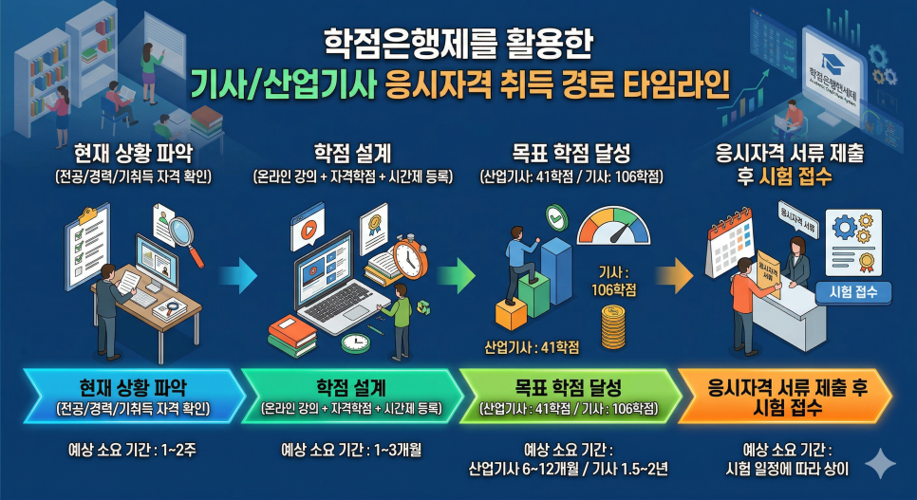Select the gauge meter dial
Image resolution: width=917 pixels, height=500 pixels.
coord(614,229)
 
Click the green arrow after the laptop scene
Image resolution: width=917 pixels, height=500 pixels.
coord(458,276)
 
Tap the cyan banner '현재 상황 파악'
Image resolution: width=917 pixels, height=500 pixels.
coord(132,397)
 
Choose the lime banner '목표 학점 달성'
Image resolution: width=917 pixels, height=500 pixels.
coord(568,397)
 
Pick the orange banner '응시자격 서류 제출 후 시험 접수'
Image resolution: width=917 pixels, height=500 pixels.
coord(784,397)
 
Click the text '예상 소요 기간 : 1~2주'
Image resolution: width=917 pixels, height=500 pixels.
coord(132,449)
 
